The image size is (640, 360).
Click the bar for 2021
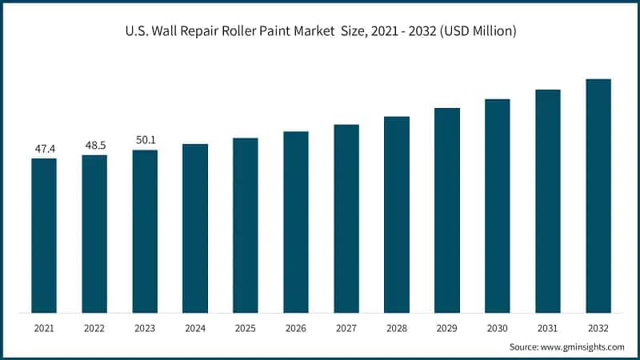click(44, 235)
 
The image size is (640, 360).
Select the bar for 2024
click(195, 228)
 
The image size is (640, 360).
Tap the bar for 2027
click(346, 218)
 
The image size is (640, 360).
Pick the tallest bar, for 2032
click(598, 195)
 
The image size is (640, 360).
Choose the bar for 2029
click(447, 210)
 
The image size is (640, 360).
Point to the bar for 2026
click(296, 222)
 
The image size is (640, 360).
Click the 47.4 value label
click(44, 149)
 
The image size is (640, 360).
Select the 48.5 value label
click(94, 146)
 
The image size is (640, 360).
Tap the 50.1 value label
click(145, 140)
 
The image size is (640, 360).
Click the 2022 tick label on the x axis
click(94, 328)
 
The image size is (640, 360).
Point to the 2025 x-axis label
click(246, 328)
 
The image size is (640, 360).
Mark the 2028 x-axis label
click(397, 328)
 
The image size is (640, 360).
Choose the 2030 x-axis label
click(498, 328)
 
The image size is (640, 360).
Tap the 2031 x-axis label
click(548, 328)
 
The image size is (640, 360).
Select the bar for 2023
click(145, 231)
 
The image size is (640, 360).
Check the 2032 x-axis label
click(598, 328)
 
